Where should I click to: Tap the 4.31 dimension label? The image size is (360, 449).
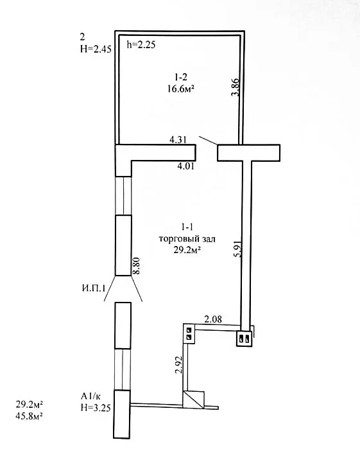tap(178, 140)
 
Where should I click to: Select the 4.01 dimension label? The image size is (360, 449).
tap(185, 166)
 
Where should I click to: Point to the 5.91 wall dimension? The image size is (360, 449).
tap(238, 248)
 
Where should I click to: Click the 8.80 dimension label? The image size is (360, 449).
tap(136, 266)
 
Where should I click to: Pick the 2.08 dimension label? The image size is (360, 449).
tap(212, 319)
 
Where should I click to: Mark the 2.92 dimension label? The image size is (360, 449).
tap(179, 365)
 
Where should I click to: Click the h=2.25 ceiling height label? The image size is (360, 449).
tap(141, 45)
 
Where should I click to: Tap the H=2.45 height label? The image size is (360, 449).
tap(96, 49)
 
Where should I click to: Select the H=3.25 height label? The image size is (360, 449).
tap(96, 407)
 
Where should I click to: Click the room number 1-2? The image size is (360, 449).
tap(181, 77)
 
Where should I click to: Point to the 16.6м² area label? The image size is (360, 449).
tap(181, 89)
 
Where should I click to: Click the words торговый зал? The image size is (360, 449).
tap(187, 239)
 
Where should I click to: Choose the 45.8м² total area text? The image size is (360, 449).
tap(30, 416)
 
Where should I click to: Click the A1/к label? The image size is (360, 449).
tap(91, 396)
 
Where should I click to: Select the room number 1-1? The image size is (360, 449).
tap(187, 227)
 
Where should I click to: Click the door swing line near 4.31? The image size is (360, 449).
tap(208, 141)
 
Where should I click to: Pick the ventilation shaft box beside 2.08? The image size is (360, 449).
tap(189, 333)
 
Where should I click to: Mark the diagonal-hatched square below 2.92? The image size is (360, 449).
tap(193, 400)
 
